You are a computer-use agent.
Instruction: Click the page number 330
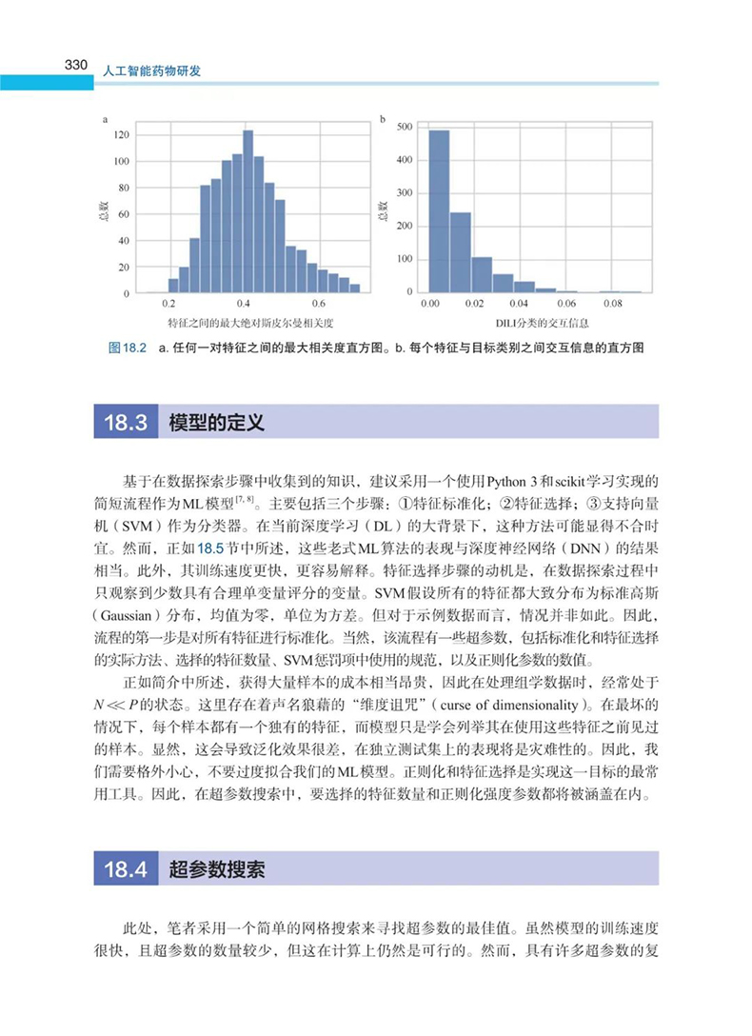click(x=76, y=66)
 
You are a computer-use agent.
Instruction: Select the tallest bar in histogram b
click(x=439, y=211)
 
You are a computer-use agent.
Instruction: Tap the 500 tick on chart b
click(x=404, y=126)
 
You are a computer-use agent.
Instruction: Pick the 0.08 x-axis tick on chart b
click(x=613, y=303)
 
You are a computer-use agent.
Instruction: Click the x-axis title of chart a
click(x=248, y=324)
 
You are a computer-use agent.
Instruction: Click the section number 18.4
click(x=125, y=869)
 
